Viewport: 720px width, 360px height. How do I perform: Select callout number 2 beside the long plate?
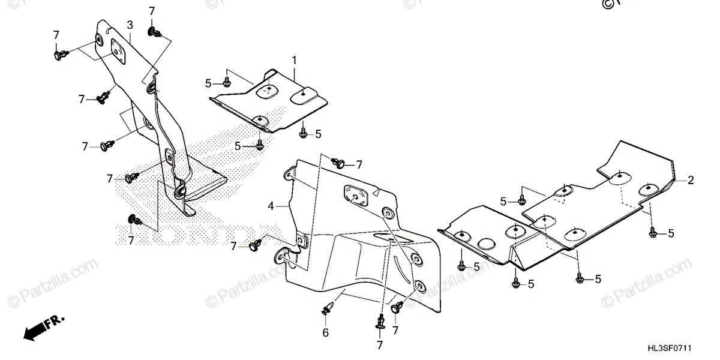[x=691, y=180]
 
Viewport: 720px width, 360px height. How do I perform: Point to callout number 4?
[x=271, y=206]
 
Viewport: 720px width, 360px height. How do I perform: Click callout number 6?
[x=325, y=332]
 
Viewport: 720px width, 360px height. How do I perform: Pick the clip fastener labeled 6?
[x=326, y=309]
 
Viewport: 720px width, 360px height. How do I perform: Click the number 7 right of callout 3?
[x=151, y=11]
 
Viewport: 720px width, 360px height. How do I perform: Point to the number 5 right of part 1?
[x=318, y=133]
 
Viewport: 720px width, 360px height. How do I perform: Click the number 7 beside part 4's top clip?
[x=359, y=164]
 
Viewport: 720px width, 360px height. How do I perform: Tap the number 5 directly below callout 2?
[x=670, y=233]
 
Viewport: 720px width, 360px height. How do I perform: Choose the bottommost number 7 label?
[x=379, y=344]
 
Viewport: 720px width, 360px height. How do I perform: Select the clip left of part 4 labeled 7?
[x=257, y=245]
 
